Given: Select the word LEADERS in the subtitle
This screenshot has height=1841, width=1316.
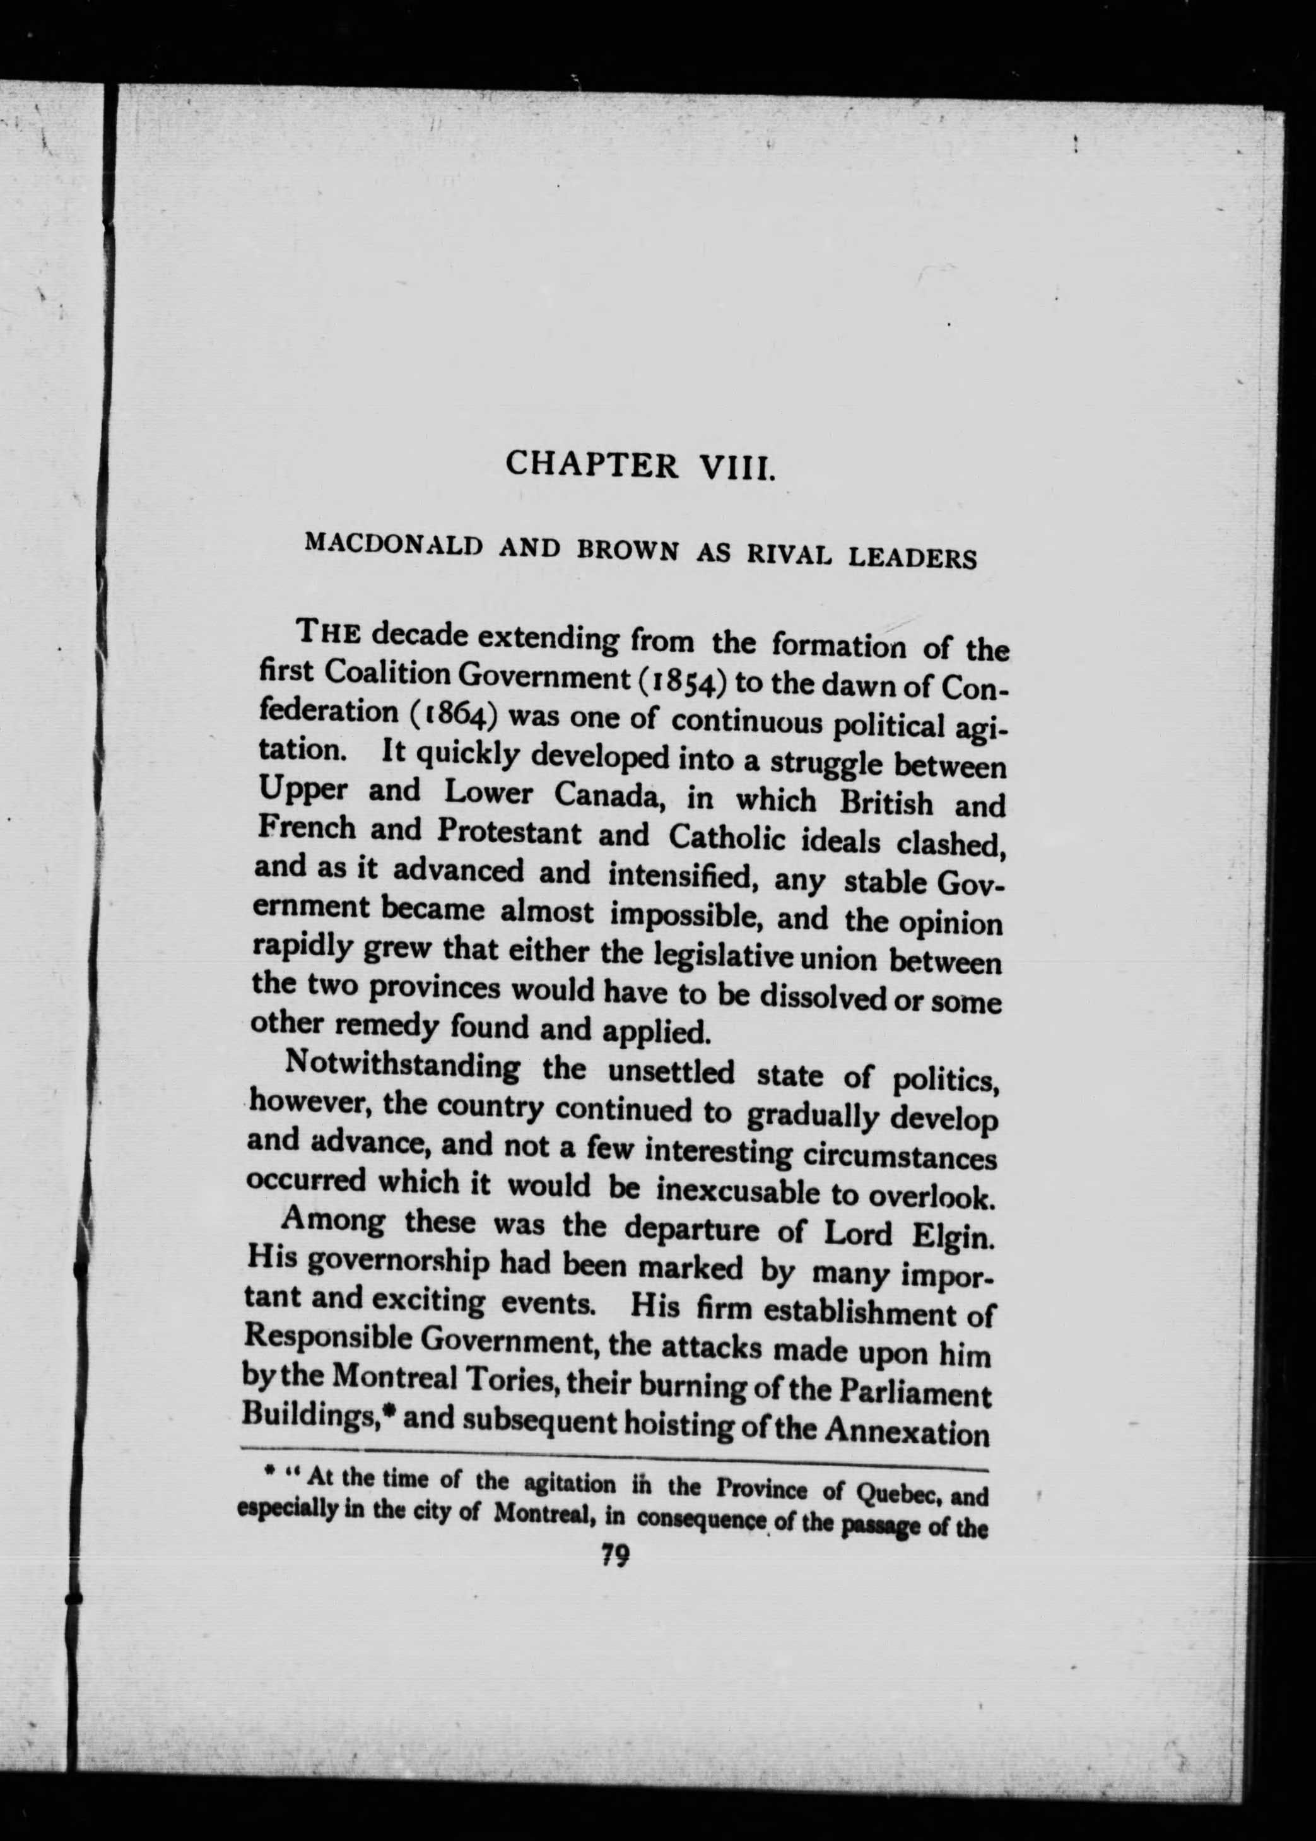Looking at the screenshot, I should coord(915,558).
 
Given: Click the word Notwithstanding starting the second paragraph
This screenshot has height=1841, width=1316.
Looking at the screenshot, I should coord(402,1064).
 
